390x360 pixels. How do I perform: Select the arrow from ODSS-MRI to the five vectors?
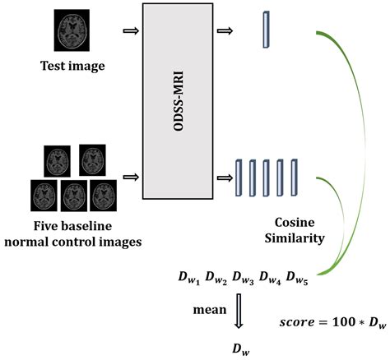pos(225,176)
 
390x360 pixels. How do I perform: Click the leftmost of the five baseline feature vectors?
pos(240,176)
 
